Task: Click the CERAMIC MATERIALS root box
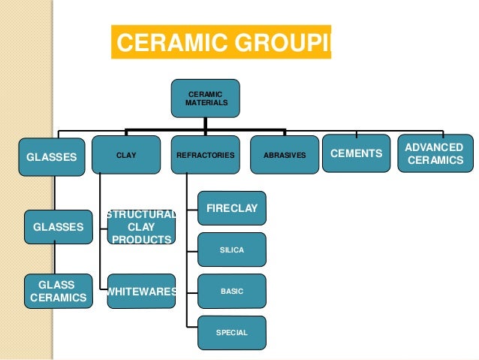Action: pos(205,98)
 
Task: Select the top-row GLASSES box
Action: pos(52,158)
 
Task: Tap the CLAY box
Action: pos(126,155)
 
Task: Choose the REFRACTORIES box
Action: pos(205,155)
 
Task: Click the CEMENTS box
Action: pos(357,153)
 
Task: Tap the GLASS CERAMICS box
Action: pos(58,292)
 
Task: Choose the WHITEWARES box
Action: pos(141,292)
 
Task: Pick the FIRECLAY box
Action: pos(231,208)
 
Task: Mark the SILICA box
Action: pos(231,250)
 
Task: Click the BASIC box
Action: pos(231,291)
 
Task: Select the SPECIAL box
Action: pos(231,332)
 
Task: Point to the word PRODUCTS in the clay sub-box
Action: pos(141,239)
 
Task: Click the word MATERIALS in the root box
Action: pos(206,102)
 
